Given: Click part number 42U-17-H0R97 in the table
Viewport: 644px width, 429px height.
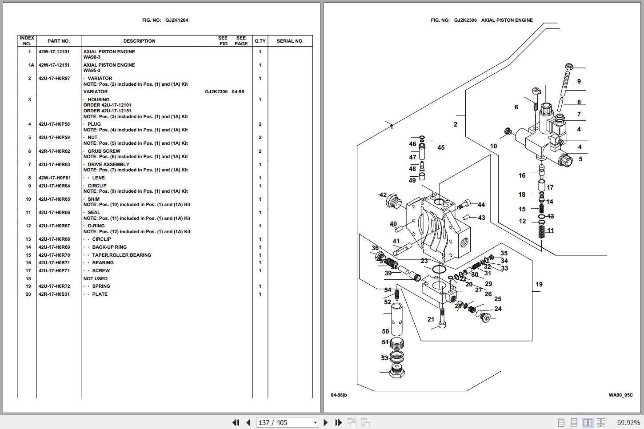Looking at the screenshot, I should [x=54, y=79].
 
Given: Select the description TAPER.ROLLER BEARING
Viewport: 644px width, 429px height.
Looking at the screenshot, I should [x=121, y=255].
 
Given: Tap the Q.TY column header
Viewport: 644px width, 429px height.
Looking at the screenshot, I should [x=260, y=41].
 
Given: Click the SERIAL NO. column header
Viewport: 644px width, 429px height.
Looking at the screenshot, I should [x=290, y=41].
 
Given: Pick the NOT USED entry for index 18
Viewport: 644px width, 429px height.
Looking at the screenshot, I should [x=96, y=279].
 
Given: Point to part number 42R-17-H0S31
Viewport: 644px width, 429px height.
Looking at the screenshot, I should [x=54, y=294].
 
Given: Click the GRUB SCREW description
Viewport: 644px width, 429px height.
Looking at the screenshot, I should [x=104, y=151].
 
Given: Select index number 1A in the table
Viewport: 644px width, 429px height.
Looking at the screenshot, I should [x=31, y=65].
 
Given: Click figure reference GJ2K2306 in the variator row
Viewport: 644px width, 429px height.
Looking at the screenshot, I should [x=216, y=92].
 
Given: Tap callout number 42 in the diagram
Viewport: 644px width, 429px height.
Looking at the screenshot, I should [x=383, y=195].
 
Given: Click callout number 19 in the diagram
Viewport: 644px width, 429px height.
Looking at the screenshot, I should [x=539, y=285].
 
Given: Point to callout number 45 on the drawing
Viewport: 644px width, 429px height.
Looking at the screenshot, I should [x=440, y=148].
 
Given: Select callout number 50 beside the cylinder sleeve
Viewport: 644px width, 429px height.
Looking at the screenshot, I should [x=385, y=331].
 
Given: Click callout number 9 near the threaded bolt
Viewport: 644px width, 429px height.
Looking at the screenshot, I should [x=579, y=82].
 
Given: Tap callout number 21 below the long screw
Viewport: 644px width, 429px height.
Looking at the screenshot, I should [x=431, y=319].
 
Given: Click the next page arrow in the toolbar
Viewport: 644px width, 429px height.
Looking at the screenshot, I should [x=326, y=423].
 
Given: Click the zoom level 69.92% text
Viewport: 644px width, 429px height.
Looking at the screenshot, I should [x=628, y=423].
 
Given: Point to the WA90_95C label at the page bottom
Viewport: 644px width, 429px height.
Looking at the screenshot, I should [x=620, y=395].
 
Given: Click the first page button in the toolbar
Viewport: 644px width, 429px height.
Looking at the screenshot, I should [x=236, y=423].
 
